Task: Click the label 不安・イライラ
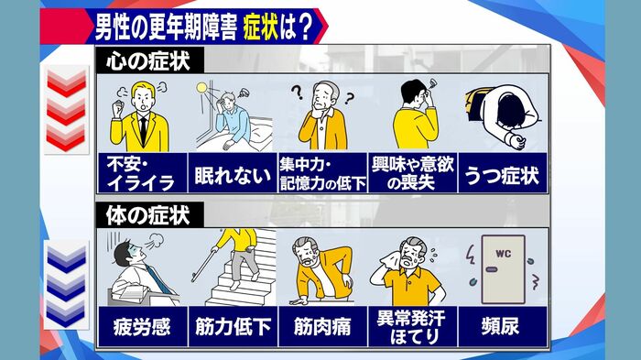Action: pyautogui.click(x=142, y=173)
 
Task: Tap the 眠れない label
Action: pyautogui.click(x=233, y=175)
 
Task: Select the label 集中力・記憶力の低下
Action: pyautogui.click(x=322, y=174)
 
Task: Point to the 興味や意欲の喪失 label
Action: pyautogui.click(x=412, y=173)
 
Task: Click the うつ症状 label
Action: pyautogui.click(x=502, y=175)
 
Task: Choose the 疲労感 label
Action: pyautogui.click(x=142, y=326)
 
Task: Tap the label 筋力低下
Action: pyautogui.click(x=233, y=326)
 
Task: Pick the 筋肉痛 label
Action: pyautogui.click(x=322, y=326)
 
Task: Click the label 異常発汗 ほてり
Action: pyautogui.click(x=412, y=326)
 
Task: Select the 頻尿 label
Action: pyautogui.click(x=500, y=326)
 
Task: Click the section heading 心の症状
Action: pyautogui.click(x=148, y=61)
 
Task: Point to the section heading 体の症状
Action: pyautogui.click(x=148, y=215)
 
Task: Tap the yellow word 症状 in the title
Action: pyautogui.click(x=260, y=27)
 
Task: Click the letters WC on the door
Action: pyautogui.click(x=504, y=254)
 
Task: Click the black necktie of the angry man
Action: pyautogui.click(x=143, y=129)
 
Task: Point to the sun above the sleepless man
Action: pyautogui.click(x=202, y=88)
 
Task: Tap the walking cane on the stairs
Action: pyautogui.click(x=203, y=264)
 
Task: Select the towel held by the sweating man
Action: pyautogui.click(x=388, y=259)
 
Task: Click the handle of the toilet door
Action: pyautogui.click(x=491, y=269)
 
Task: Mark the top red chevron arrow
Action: pyautogui.click(x=67, y=83)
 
